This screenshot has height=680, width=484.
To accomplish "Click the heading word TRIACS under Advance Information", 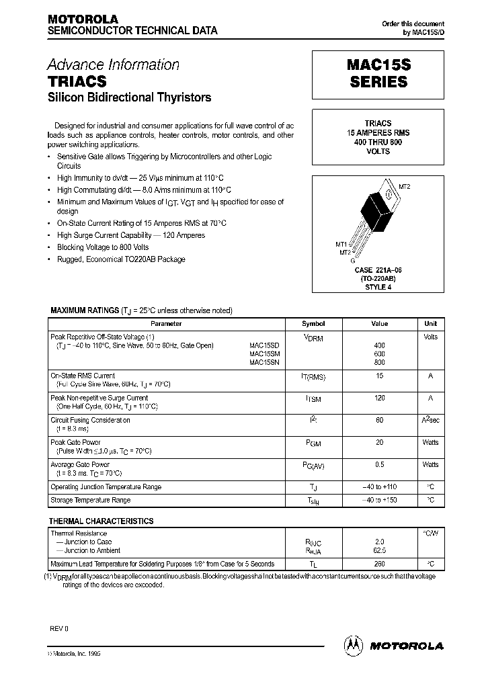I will (x=77, y=81).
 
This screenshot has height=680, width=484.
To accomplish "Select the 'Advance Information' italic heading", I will (x=113, y=65).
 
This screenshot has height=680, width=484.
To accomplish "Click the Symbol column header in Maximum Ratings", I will (x=313, y=323).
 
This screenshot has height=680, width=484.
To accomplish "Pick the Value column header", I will (x=379, y=323).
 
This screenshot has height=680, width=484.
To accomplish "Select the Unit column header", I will (x=430, y=323).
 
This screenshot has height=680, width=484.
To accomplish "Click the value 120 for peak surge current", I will (x=379, y=398).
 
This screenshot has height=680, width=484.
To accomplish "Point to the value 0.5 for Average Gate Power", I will (x=379, y=465).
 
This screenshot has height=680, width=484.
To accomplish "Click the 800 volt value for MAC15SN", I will (x=379, y=363).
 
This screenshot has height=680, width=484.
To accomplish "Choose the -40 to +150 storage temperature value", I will (x=379, y=501).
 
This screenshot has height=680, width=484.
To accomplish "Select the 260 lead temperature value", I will (x=379, y=564).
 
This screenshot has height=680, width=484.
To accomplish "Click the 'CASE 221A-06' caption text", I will (x=378, y=270).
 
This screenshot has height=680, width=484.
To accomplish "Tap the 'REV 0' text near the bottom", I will (x=59, y=628).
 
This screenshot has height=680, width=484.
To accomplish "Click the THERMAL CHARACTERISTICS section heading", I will (x=101, y=521).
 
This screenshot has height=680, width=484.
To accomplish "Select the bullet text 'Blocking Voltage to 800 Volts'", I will (x=103, y=247).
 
